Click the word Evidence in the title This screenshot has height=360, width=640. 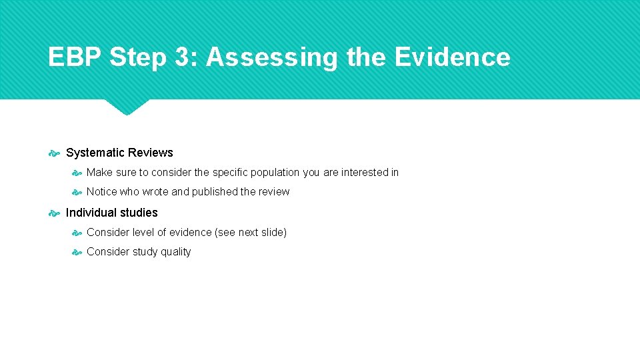[453, 57]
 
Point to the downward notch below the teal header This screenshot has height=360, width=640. [126, 107]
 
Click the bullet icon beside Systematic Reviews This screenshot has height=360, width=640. [54, 153]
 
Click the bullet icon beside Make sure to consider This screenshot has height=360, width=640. [77, 173]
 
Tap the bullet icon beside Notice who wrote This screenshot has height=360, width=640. [77, 192]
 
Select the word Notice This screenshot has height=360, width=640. [101, 192]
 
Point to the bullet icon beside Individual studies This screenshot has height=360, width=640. [54, 213]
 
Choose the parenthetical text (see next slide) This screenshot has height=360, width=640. [251, 233]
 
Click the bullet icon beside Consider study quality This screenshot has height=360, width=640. [77, 252]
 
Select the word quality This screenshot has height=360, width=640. [175, 252]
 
